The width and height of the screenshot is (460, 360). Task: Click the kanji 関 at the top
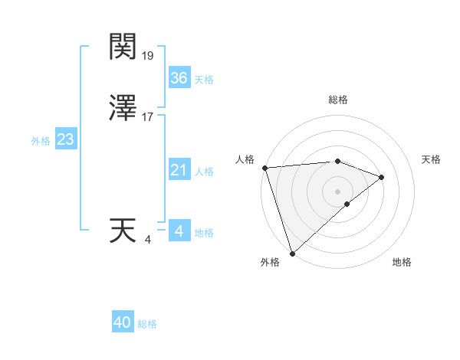[122, 47]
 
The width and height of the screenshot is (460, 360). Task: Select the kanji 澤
[122, 109]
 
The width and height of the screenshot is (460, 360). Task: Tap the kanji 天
[122, 231]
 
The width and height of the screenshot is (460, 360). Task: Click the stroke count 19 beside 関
[148, 56]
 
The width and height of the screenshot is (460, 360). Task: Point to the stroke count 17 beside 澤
[148, 117]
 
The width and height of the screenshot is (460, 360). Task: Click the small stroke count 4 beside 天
[147, 240]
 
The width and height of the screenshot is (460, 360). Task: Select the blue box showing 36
[179, 78]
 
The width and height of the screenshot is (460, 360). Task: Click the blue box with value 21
[179, 170]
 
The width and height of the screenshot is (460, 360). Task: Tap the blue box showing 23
[65, 139]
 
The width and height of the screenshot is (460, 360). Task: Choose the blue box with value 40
[123, 322]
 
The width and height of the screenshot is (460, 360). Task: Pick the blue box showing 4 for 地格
[179, 231]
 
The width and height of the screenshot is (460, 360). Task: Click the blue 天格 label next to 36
[204, 80]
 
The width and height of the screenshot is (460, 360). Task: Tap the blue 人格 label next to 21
[204, 172]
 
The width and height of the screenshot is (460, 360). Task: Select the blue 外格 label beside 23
[41, 141]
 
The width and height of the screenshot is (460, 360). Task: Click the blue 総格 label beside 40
[147, 324]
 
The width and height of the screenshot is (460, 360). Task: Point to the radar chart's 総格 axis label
[338, 100]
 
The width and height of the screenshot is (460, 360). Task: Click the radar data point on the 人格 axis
[264, 167]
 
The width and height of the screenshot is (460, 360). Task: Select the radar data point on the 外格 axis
[292, 253]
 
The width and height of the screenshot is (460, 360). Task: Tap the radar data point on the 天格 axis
[381, 177]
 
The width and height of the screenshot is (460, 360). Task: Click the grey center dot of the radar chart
[338, 191]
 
